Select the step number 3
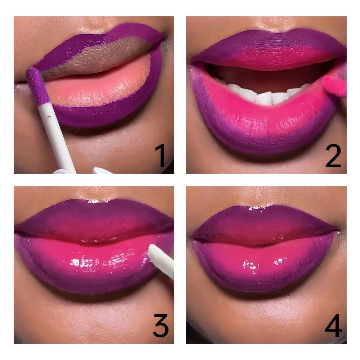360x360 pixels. [160, 326]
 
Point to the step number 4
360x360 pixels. [333, 326]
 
